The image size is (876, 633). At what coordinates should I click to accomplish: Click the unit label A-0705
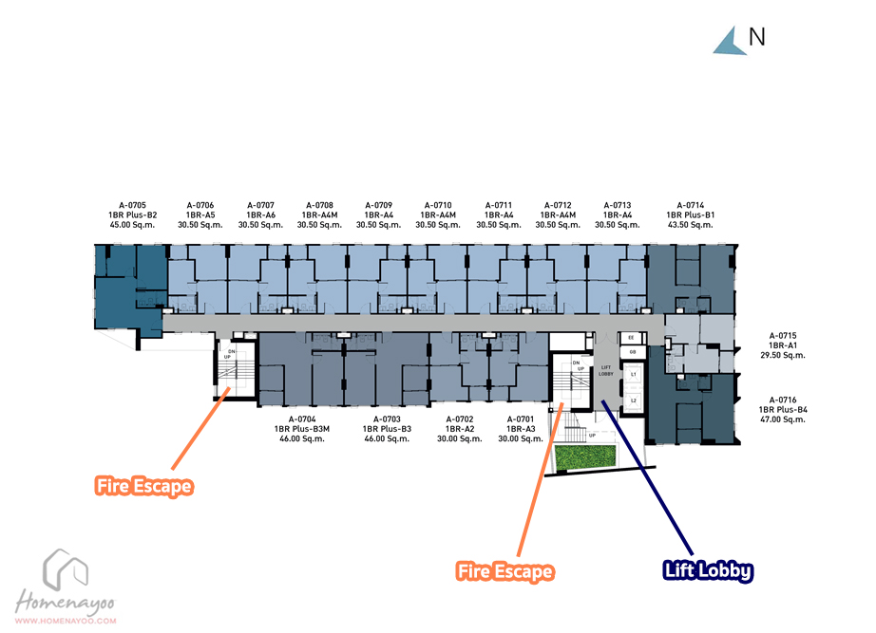click(132, 205)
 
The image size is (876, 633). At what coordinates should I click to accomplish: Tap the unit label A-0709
click(378, 205)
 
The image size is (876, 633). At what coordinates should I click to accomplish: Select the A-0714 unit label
click(690, 205)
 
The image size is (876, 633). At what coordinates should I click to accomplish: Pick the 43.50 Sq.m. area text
click(690, 225)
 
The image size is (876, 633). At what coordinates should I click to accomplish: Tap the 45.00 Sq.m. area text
click(132, 225)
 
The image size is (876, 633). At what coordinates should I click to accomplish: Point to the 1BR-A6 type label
click(260, 215)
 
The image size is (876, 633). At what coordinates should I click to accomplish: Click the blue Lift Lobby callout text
click(708, 571)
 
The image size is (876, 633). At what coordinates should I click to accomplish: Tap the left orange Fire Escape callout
click(144, 487)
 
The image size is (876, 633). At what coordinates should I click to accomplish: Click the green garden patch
click(586, 457)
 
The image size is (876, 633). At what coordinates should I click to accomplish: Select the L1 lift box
click(633, 376)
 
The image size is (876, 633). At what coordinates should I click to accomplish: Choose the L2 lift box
click(633, 400)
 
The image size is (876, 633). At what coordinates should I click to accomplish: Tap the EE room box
click(632, 337)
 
